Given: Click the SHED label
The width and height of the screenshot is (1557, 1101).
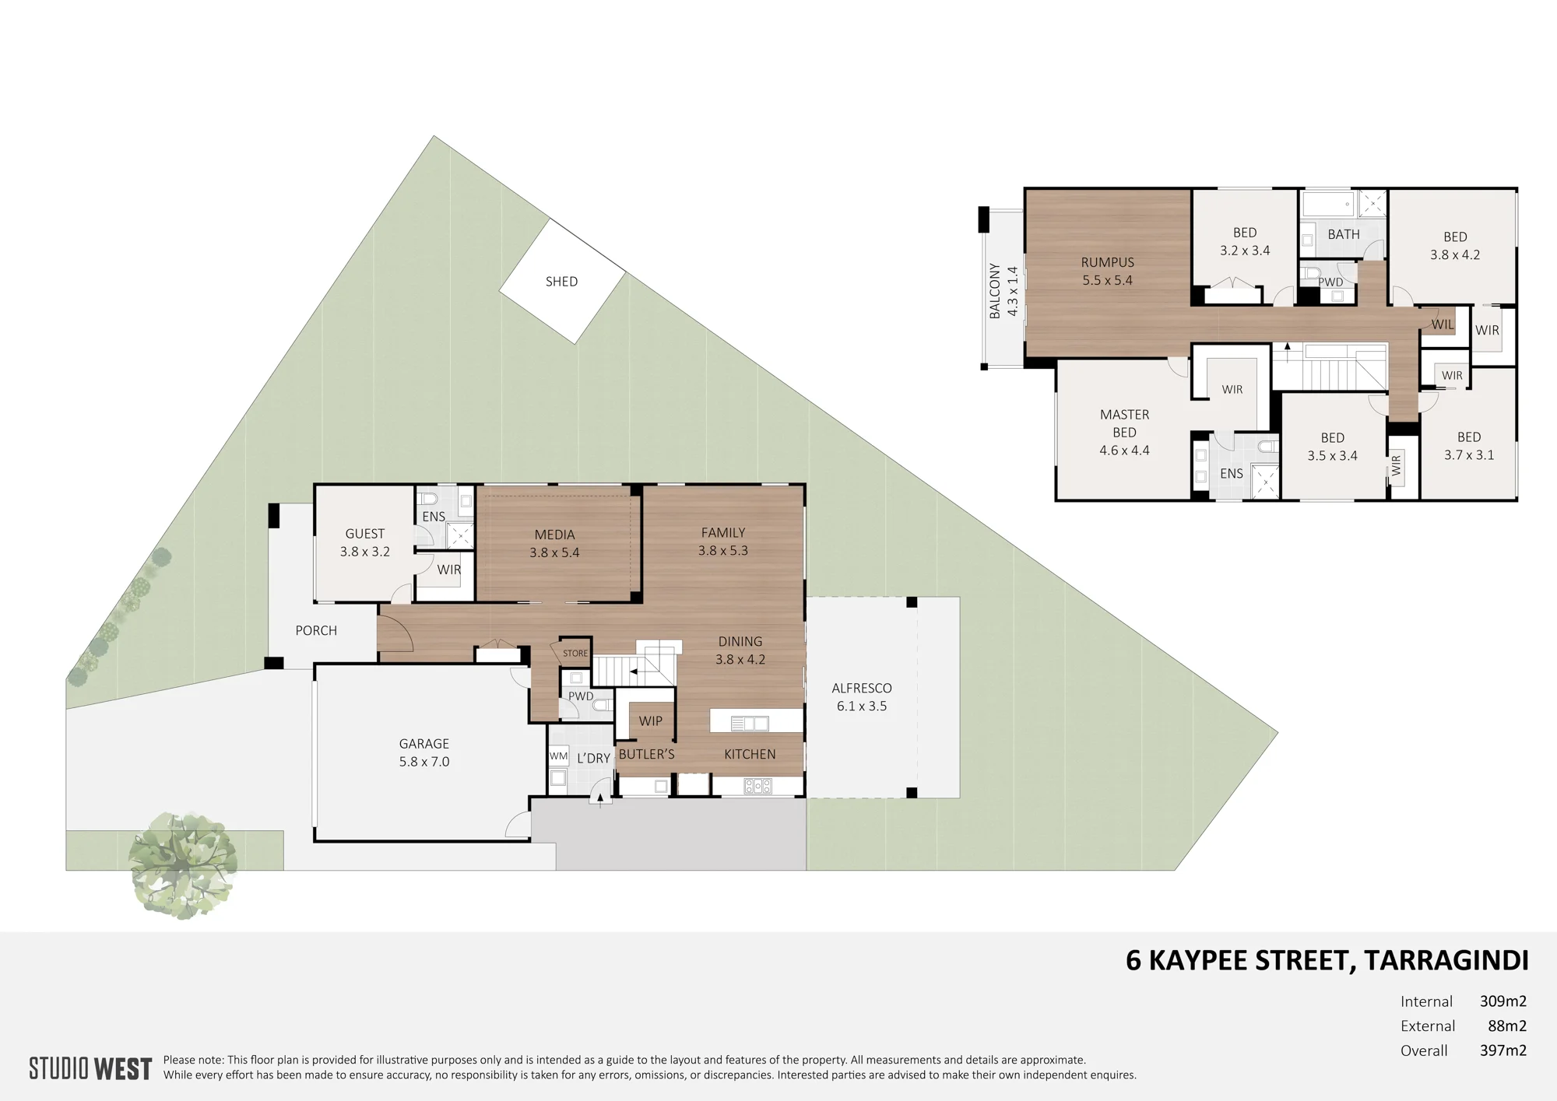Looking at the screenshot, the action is (561, 282).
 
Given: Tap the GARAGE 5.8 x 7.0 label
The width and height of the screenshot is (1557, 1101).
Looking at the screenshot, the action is (424, 752).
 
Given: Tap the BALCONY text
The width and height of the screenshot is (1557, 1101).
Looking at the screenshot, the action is (995, 291).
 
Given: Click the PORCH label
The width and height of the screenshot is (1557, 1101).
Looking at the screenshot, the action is (316, 631).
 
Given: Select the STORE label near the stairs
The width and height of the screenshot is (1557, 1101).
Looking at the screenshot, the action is (575, 654).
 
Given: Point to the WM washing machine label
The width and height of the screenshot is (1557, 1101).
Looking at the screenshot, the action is (558, 756).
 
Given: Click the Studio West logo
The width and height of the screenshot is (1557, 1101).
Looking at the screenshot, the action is (90, 1068).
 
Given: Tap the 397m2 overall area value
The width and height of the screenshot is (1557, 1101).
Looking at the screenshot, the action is (1503, 1050).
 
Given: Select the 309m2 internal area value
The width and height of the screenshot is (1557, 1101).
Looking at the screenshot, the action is (1503, 1001).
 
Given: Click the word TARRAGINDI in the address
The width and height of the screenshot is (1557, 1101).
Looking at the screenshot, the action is (1446, 961).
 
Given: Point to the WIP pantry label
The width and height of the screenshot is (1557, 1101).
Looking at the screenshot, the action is (651, 721).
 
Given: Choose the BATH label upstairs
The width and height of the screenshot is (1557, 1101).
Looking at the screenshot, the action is (1344, 234).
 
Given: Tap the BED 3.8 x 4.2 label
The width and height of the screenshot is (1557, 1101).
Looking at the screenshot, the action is (1455, 246).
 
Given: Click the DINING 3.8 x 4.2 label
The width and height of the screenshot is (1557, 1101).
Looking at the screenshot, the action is (740, 650).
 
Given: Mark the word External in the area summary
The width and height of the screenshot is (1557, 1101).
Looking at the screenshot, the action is (1428, 1026).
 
